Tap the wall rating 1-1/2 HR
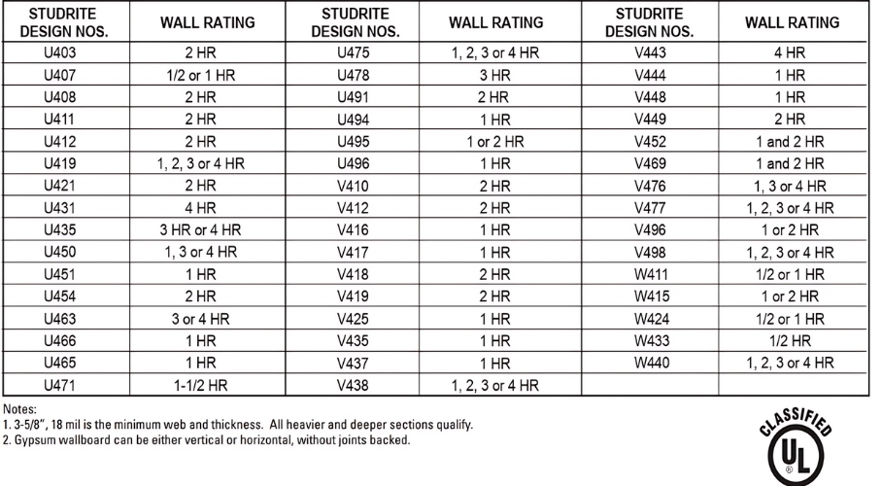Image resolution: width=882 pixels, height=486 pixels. pyautogui.click(x=200, y=385)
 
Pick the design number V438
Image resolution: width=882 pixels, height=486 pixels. pyautogui.click(x=353, y=385)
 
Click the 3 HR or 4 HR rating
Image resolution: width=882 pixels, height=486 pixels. pyautogui.click(x=200, y=232)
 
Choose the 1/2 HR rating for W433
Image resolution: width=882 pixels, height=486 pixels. pyautogui.click(x=790, y=341)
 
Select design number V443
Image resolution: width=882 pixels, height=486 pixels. pyautogui.click(x=650, y=52)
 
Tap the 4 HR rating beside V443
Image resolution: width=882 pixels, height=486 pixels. pyautogui.click(x=790, y=52)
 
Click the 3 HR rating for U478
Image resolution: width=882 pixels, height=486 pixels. pyautogui.click(x=494, y=75)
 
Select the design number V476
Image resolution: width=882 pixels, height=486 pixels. pyautogui.click(x=650, y=186)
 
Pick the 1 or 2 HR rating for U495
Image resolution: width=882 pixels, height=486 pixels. pyautogui.click(x=494, y=141)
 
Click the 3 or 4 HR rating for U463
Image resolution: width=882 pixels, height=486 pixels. pyautogui.click(x=200, y=319)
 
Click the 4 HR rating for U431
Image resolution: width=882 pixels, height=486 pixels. pyautogui.click(x=200, y=207)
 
